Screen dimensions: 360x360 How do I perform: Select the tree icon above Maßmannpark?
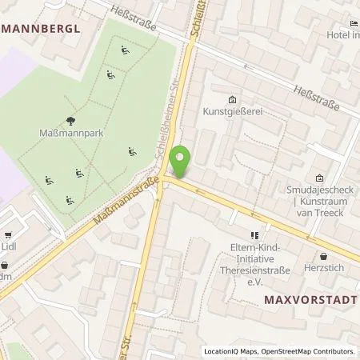click(x=71, y=121)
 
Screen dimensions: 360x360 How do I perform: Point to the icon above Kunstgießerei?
click(x=232, y=100)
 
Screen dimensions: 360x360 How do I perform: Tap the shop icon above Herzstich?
click(x=322, y=257)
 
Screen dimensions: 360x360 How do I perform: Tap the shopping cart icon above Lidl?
click(x=9, y=236)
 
